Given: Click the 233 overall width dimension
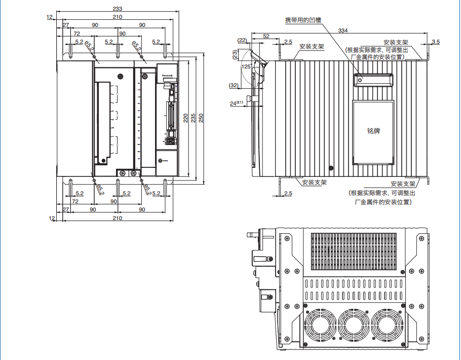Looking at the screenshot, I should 118,9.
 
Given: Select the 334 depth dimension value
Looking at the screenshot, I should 343,31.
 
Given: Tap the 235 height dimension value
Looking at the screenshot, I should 193,118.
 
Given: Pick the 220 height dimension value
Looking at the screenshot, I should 185,118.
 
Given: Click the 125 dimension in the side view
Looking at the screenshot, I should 246,66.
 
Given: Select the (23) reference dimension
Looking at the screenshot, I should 235,55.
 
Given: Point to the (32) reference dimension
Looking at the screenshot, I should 234,85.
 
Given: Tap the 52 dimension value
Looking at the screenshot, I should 266,36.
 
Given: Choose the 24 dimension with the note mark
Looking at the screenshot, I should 236,103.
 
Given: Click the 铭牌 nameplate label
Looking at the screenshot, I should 373,131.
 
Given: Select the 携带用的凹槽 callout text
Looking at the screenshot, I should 303,20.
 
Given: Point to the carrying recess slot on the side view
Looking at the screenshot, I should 373,80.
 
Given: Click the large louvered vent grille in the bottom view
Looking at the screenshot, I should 353,251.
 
